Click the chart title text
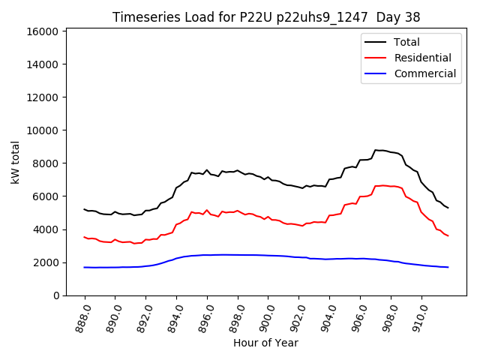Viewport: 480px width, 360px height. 266,17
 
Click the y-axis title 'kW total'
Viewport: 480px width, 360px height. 15,162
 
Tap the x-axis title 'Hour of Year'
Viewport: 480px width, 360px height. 265,343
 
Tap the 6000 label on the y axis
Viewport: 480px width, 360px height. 45,196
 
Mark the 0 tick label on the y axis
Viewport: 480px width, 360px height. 56,295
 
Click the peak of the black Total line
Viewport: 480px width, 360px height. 377,150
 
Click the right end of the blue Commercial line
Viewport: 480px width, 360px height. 448,267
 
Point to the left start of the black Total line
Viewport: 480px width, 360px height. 85,209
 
